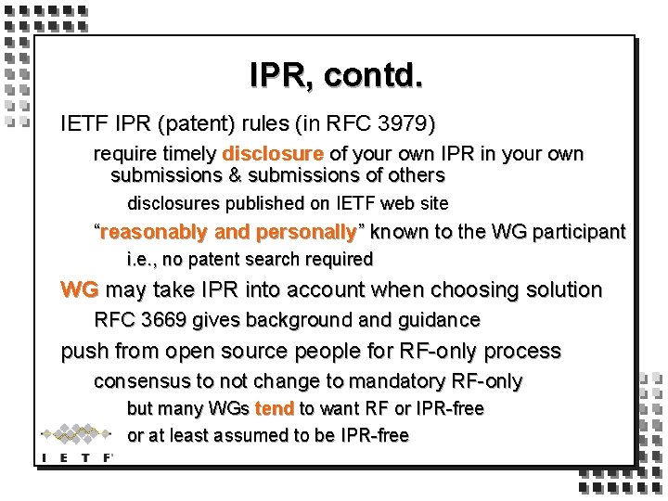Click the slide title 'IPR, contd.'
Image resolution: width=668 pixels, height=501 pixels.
[336, 74]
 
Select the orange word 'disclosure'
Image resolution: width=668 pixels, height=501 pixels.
[272, 154]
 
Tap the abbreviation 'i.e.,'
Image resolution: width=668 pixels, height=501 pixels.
[143, 260]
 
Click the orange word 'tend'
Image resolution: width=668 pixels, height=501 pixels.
[276, 408]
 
